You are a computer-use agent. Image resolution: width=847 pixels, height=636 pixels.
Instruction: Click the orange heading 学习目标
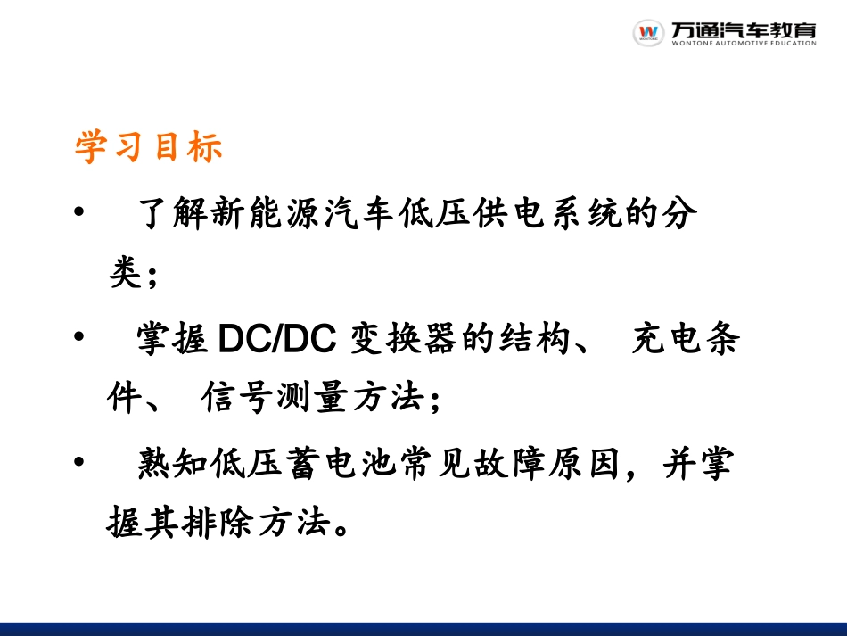click(148, 147)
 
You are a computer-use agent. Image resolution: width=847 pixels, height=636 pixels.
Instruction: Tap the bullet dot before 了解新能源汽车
click(80, 212)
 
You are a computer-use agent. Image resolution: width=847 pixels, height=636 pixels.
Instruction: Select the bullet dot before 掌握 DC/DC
click(80, 336)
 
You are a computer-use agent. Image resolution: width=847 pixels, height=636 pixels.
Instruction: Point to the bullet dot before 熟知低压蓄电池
click(80, 461)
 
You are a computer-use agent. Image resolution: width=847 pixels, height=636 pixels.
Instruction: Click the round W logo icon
click(648, 32)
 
